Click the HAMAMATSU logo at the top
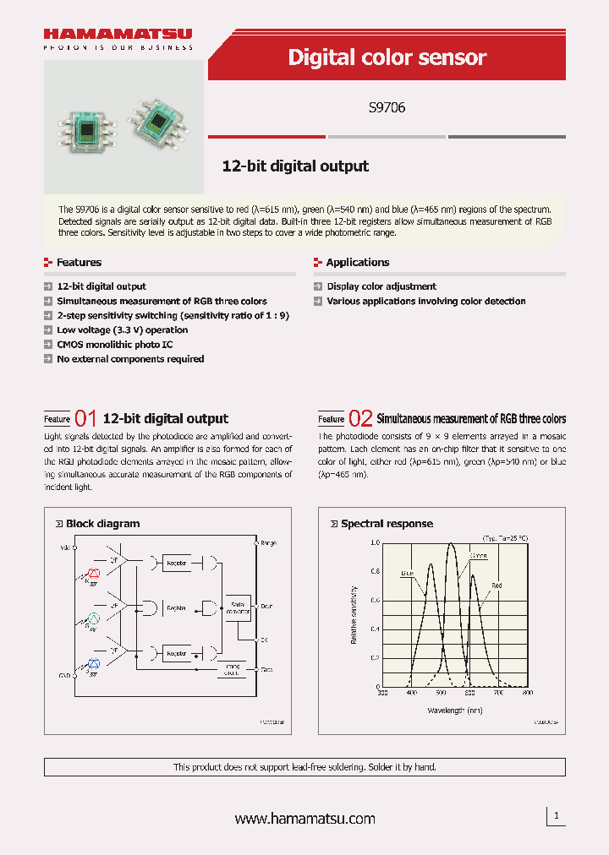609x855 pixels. coord(118,35)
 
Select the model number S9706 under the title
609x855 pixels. coord(387,108)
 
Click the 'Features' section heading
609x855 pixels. coord(79,263)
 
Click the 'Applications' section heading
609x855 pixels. coord(357,263)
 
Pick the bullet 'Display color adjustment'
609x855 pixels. coord(381,286)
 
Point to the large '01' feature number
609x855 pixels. coord(86,418)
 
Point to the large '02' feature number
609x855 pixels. coord(360,418)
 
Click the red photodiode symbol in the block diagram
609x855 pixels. coord(94,573)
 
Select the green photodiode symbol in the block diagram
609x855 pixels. coord(94,618)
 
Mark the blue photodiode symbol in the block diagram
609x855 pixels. coord(94,662)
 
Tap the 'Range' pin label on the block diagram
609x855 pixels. coord(268,543)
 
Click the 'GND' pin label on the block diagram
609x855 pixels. coord(65,677)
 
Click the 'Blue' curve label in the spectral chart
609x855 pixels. coord(407,573)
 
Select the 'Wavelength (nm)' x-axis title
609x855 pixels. coord(454,711)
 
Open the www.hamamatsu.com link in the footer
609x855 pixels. coord(304,819)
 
